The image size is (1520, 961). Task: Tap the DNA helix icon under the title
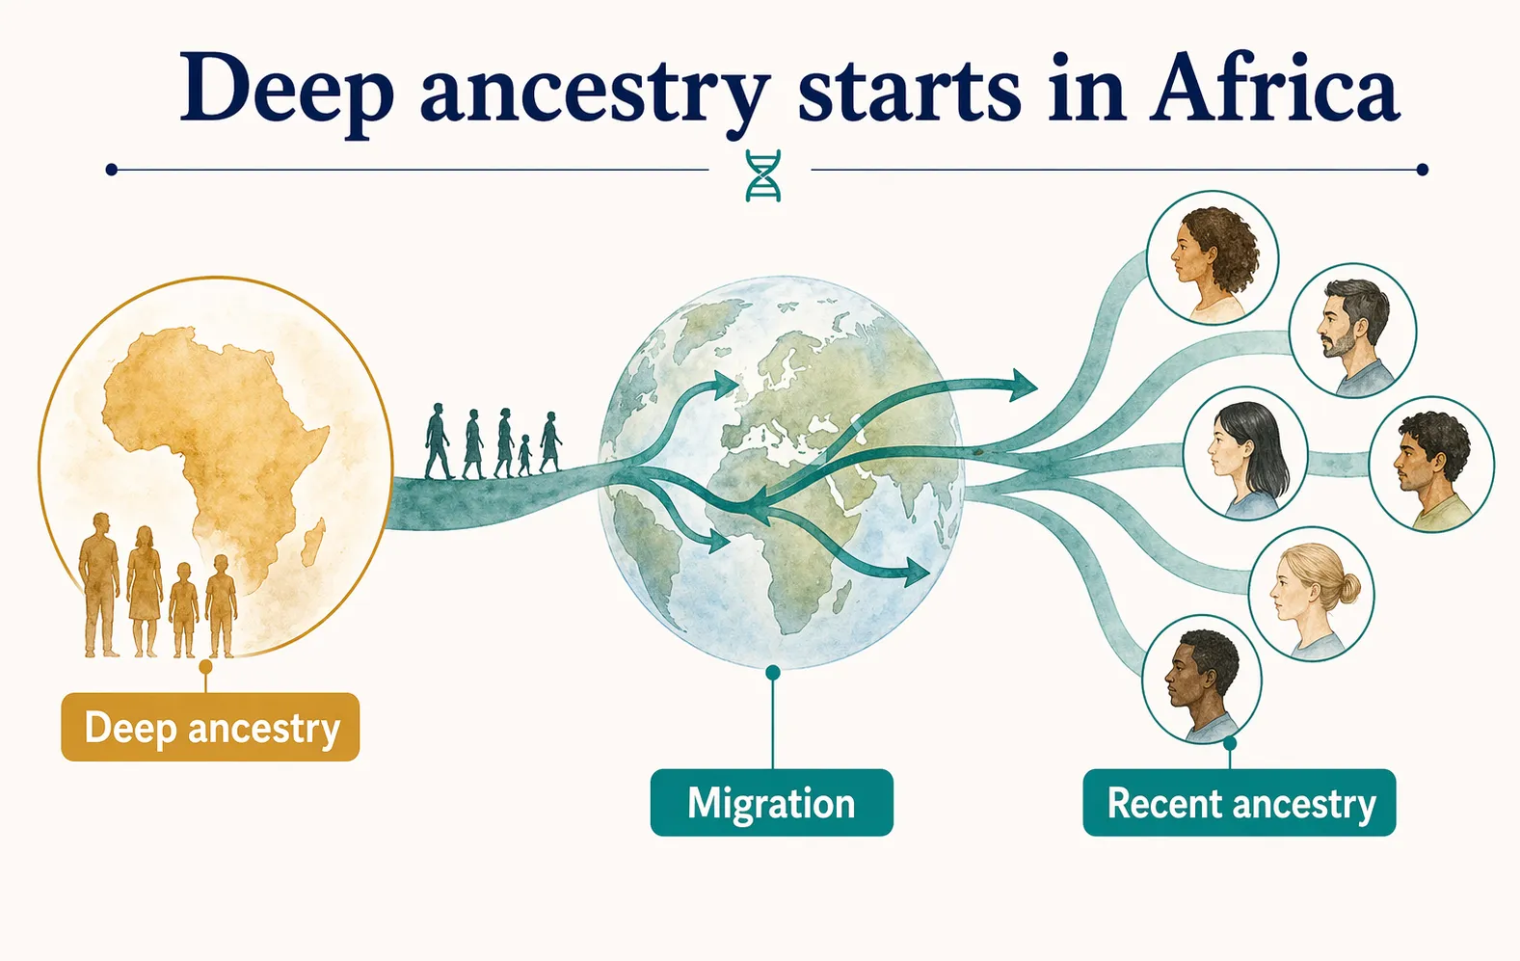pyautogui.click(x=763, y=175)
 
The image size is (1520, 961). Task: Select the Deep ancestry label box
pyautogui.click(x=210, y=728)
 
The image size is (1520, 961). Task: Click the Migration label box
pyautogui.click(x=771, y=803)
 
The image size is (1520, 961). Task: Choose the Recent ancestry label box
pyautogui.click(x=1240, y=803)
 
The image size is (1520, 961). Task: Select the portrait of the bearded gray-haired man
pyautogui.click(x=1352, y=331)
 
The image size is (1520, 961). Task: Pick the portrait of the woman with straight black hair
pyautogui.click(x=1245, y=459)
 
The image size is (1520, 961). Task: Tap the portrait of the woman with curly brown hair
pyautogui.click(x=1212, y=256)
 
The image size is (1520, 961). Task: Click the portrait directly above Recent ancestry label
pyautogui.click(x=1202, y=680)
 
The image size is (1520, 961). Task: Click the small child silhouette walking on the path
pyautogui.click(x=524, y=456)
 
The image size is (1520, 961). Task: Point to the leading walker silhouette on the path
pyautogui.click(x=550, y=442)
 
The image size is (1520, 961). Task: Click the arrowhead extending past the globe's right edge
pyautogui.click(x=1023, y=387)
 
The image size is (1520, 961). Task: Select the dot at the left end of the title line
pyautogui.click(x=112, y=170)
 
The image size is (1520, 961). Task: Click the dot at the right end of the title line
pyautogui.click(x=1423, y=170)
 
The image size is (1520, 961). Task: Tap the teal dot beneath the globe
pyautogui.click(x=772, y=673)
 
